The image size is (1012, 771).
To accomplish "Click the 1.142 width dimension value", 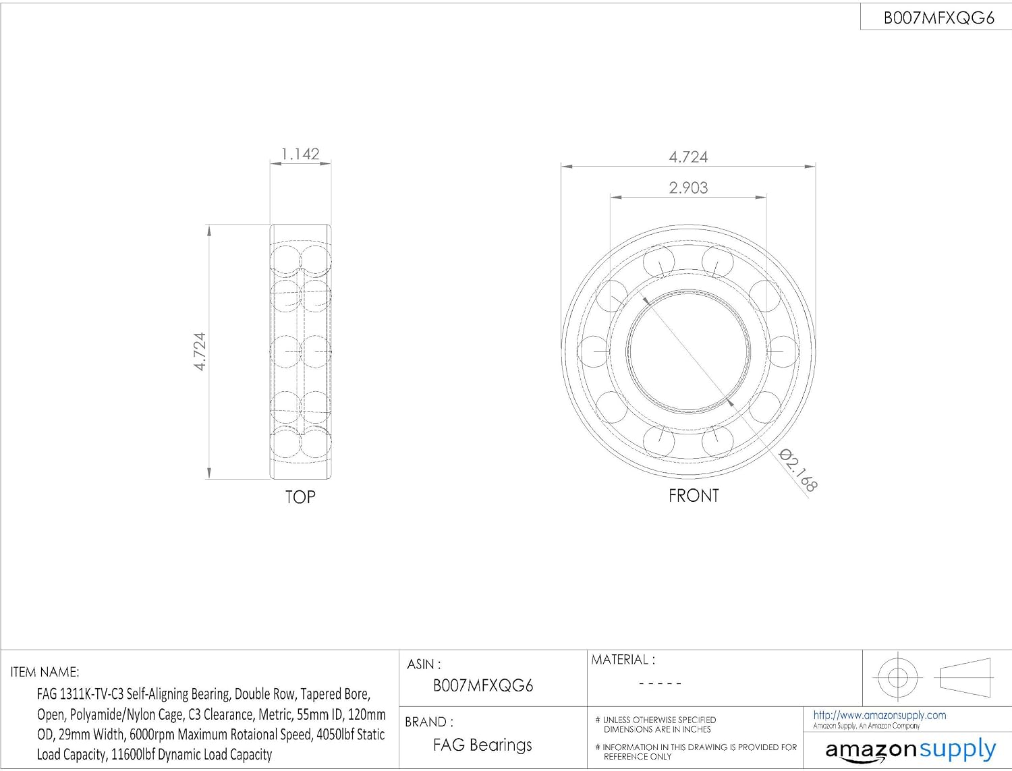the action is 300,154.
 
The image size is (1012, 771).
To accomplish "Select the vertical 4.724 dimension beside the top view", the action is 200,351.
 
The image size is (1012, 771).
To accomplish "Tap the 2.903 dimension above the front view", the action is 688,188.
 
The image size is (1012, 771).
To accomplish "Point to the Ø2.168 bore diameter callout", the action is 798,471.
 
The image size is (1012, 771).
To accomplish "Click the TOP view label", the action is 300,497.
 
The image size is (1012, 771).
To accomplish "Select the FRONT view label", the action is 694,496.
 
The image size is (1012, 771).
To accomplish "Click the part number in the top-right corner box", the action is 938,18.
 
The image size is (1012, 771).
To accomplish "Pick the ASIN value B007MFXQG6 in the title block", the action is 482,686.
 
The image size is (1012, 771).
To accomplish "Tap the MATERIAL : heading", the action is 623,660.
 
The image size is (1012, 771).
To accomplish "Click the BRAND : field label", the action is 429,722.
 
